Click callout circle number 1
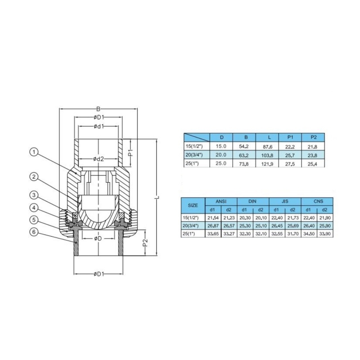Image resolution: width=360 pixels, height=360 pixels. click(x=34, y=152)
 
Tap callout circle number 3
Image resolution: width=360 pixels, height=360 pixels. click(x=34, y=195)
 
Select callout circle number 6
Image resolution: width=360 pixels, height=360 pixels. click(x=34, y=232)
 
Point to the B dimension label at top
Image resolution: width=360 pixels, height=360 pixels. click(x=98, y=109)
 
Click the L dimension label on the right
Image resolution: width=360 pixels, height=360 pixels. click(x=158, y=197)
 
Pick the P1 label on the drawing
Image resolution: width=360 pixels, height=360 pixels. click(x=130, y=153)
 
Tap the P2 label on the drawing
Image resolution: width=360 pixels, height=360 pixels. click(x=145, y=243)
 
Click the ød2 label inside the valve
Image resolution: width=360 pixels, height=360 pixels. click(x=99, y=159)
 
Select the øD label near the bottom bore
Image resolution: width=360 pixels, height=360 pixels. click(x=98, y=238)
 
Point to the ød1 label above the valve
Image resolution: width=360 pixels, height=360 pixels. click(x=99, y=126)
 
